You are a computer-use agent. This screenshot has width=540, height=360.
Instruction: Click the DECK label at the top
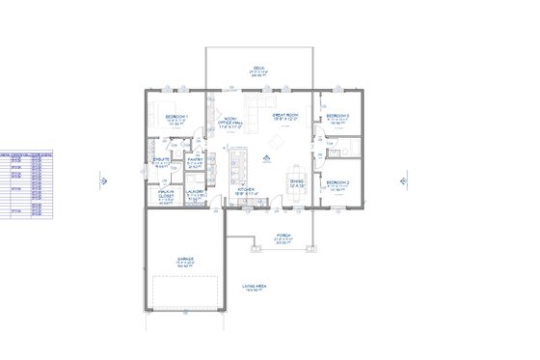pos(258,68)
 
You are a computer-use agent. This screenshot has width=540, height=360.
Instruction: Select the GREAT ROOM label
pos(285,115)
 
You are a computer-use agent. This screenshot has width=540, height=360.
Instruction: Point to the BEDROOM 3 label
pos(337,115)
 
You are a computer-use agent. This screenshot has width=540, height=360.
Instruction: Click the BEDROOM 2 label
pos(337,181)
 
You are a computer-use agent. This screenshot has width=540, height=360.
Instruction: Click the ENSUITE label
pos(162,159)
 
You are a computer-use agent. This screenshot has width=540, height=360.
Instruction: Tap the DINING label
pos(298,180)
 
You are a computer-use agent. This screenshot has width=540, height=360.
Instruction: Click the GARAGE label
pos(185,260)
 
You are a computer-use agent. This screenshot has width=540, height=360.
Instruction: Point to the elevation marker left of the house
pos(105,178)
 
